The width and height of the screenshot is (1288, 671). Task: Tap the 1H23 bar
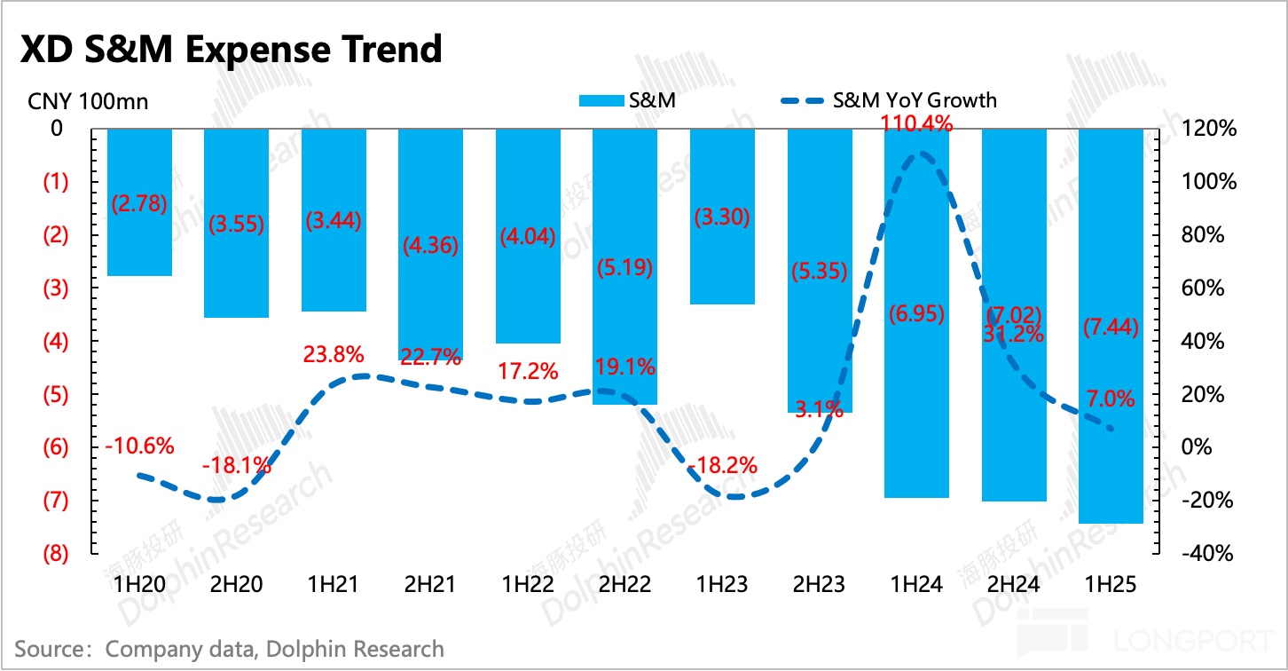tap(722, 257)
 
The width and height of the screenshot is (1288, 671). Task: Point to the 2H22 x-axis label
tap(624, 585)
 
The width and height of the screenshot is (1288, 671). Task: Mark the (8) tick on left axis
tap(56, 554)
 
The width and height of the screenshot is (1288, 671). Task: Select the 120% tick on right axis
tap(1208, 129)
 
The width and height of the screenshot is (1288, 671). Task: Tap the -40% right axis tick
tap(1208, 554)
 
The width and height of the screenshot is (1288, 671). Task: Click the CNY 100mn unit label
tap(87, 101)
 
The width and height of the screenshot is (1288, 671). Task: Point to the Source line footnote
tap(230, 649)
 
